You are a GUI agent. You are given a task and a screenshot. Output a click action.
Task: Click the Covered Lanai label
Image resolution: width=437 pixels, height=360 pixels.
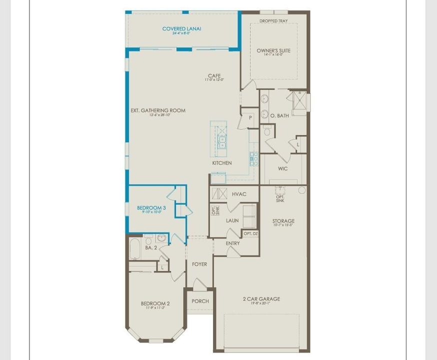tap(181, 29)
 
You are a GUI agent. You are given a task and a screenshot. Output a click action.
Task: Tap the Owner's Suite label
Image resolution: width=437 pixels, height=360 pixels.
tap(273, 51)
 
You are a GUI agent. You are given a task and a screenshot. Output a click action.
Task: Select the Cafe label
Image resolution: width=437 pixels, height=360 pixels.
tap(214, 76)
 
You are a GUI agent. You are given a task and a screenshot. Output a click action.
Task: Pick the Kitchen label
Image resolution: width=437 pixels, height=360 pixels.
tap(222, 163)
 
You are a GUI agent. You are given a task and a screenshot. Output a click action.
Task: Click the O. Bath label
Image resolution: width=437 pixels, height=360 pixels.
tap(279, 116)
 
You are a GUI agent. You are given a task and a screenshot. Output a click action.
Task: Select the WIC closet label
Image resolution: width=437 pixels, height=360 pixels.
tap(283, 169)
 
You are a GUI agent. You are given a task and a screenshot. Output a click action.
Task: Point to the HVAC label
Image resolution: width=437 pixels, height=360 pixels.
tap(239, 194)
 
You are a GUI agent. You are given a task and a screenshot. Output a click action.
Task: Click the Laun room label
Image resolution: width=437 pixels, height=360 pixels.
tap(232, 220)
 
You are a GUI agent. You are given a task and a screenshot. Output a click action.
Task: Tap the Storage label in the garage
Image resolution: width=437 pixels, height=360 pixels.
tap(283, 221)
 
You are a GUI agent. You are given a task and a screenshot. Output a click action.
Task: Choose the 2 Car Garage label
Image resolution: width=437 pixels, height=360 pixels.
tap(261, 299)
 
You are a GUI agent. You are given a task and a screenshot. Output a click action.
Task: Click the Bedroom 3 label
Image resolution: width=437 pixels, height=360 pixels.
tap(151, 207)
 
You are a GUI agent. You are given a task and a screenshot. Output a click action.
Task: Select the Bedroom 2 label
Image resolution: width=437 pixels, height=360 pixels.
tap(155, 303)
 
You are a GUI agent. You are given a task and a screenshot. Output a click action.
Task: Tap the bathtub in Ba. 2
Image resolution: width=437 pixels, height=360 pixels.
tap(134, 249)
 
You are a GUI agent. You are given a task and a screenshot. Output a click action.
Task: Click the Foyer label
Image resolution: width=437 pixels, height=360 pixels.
tap(199, 264)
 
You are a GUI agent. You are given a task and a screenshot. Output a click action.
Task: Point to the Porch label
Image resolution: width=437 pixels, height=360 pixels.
tap(200, 301)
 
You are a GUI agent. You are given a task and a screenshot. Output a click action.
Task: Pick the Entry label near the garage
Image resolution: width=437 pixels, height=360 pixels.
tap(232, 243)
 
